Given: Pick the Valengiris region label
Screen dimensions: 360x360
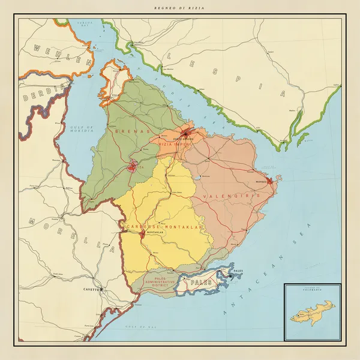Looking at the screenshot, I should click(231, 196).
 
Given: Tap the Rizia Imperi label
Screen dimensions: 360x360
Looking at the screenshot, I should click(175, 145).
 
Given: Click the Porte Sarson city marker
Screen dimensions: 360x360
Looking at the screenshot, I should click(187, 133).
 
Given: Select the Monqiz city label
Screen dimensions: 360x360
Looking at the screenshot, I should click(260, 181).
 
